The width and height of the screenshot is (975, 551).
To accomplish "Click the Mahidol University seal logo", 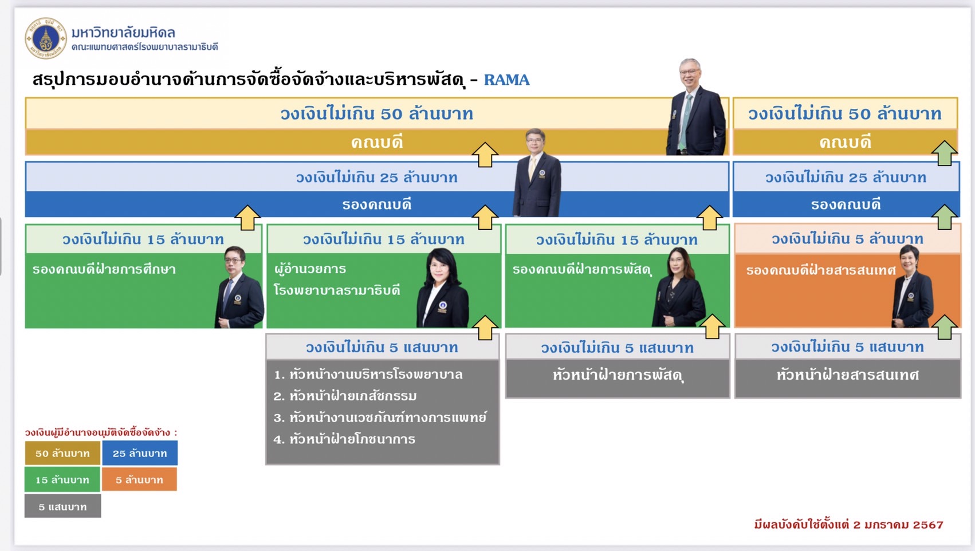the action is [46, 38].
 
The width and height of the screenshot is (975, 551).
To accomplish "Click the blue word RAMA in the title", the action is [506, 80].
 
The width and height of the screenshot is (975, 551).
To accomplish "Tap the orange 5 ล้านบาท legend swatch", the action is [139, 479].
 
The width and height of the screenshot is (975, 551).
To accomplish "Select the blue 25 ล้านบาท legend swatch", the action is [140, 453].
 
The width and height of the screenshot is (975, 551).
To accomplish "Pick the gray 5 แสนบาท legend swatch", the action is [62, 506].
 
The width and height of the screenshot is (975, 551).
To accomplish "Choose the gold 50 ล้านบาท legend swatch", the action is [62, 453].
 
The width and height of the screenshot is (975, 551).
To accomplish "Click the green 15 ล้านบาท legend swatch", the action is [62, 479].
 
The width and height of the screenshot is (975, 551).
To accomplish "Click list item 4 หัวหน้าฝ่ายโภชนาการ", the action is [344, 439].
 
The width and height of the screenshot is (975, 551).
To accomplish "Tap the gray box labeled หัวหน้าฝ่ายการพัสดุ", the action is [617, 378].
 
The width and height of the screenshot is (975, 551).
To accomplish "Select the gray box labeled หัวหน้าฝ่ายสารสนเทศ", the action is [847, 378].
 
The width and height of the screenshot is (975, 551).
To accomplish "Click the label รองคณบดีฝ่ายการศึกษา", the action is [104, 269].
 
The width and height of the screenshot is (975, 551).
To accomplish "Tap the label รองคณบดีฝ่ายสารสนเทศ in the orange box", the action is [821, 270].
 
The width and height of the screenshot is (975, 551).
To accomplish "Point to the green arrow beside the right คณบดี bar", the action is [944, 153].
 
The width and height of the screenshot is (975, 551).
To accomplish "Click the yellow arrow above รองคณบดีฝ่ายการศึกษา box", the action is [247, 218].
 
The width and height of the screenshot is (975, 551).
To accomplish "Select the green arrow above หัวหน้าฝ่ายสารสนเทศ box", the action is [945, 327].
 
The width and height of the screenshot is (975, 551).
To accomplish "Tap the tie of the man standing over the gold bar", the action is [685, 122].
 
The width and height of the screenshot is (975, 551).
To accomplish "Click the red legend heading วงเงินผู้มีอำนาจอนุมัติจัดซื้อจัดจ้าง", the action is [101, 432].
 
